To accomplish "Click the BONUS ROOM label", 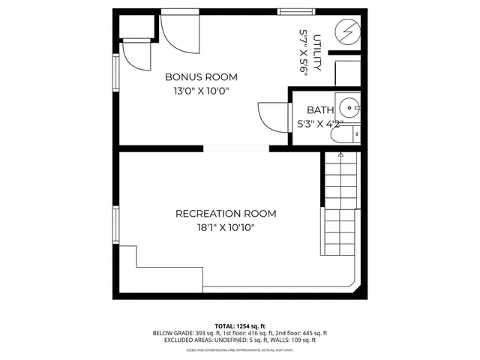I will pyautogui.click(x=201, y=76).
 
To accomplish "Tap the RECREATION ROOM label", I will pyautogui.click(x=226, y=214).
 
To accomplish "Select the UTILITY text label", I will pyautogui.click(x=318, y=52).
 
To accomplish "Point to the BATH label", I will pyautogui.click(x=310, y=110).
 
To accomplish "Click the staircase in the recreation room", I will pyautogui.click(x=340, y=202).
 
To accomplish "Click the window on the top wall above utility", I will pyautogui.click(x=296, y=10).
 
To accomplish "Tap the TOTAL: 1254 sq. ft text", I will pyautogui.click(x=240, y=325).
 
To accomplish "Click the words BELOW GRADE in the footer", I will pyautogui.click(x=172, y=333).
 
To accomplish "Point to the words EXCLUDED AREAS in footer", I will pyautogui.click(x=185, y=340).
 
